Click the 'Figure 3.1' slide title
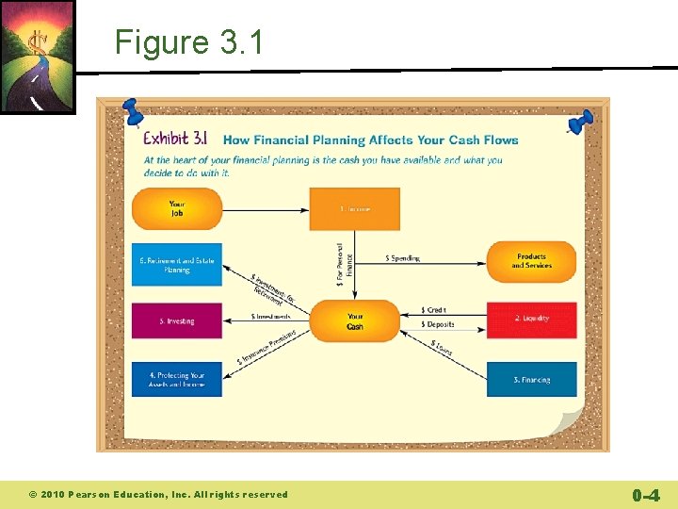click(189, 42)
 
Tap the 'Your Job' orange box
click(177, 208)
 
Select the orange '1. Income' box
click(355, 208)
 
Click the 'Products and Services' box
click(531, 261)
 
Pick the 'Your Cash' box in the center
click(355, 321)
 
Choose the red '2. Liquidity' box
click(531, 320)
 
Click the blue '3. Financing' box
click(531, 379)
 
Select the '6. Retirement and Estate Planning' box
click(177, 265)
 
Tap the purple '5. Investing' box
click(177, 320)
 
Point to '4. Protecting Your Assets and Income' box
click(177, 379)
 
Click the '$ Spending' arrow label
click(403, 257)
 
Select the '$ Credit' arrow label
click(434, 309)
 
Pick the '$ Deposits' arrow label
click(438, 324)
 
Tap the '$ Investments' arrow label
click(270, 317)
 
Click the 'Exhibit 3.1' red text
click(174, 140)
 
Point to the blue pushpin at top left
click(131, 110)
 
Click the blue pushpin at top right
click(580, 122)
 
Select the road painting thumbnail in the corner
click(37, 57)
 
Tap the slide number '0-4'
click(645, 494)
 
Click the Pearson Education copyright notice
click(158, 494)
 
